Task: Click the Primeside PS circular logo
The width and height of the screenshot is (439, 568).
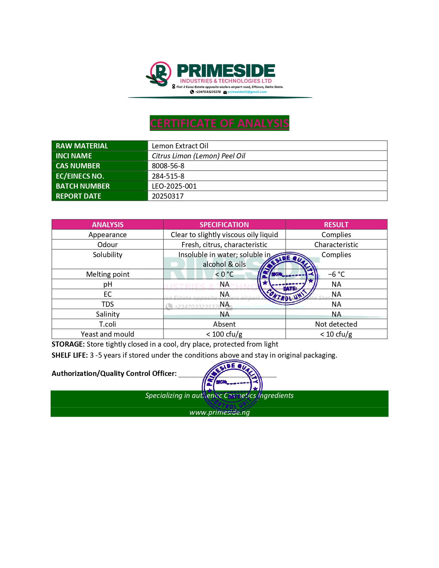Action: [x=159, y=74]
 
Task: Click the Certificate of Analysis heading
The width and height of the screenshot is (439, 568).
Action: [x=219, y=123]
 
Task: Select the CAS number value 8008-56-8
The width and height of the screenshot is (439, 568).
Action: [x=168, y=166]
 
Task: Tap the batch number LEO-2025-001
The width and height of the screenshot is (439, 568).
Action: [x=174, y=186]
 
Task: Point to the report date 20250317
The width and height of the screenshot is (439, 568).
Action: [x=168, y=196]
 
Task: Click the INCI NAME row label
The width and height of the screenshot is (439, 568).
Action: [x=74, y=156]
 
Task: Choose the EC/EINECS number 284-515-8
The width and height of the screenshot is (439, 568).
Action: [x=168, y=176]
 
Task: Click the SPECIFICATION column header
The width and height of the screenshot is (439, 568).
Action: [x=224, y=225]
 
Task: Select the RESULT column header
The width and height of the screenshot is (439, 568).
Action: [x=336, y=225]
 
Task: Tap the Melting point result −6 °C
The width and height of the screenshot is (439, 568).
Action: [x=336, y=274]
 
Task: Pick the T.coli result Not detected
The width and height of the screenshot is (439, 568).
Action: [x=336, y=324]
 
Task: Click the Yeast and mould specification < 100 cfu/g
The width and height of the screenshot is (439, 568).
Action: [x=224, y=334]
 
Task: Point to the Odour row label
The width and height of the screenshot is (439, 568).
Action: [x=107, y=245]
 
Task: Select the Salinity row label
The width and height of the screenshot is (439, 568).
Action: [x=107, y=314]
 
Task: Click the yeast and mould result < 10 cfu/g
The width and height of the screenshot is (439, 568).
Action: [x=336, y=334]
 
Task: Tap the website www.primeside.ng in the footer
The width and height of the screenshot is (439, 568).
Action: [x=219, y=412]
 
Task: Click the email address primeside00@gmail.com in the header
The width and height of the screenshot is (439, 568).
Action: [x=247, y=92]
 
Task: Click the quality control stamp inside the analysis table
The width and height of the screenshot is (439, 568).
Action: [x=288, y=279]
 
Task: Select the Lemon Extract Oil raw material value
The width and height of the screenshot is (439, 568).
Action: [x=180, y=146]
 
